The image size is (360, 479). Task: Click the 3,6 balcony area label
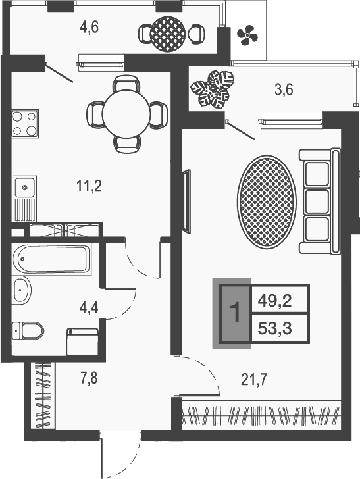click(x=284, y=91)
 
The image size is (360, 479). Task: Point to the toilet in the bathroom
click(x=28, y=329)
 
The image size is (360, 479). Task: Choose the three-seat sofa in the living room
click(x=320, y=201)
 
